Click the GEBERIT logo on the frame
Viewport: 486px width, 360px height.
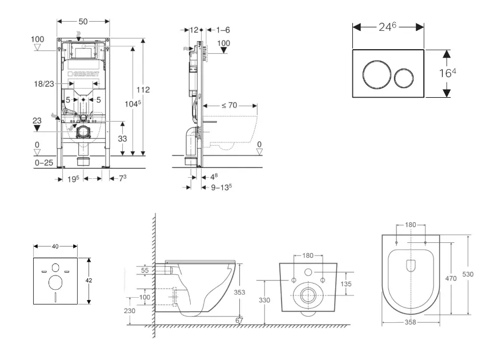(83, 74)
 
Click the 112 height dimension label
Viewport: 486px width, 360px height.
(143, 89)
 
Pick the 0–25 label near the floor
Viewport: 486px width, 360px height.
(44, 163)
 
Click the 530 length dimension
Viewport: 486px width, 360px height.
(468, 274)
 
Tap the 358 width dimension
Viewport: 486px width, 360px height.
(411, 322)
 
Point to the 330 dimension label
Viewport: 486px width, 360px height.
(264, 300)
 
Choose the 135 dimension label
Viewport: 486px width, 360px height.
(347, 284)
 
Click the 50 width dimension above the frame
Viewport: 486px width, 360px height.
(82, 21)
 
